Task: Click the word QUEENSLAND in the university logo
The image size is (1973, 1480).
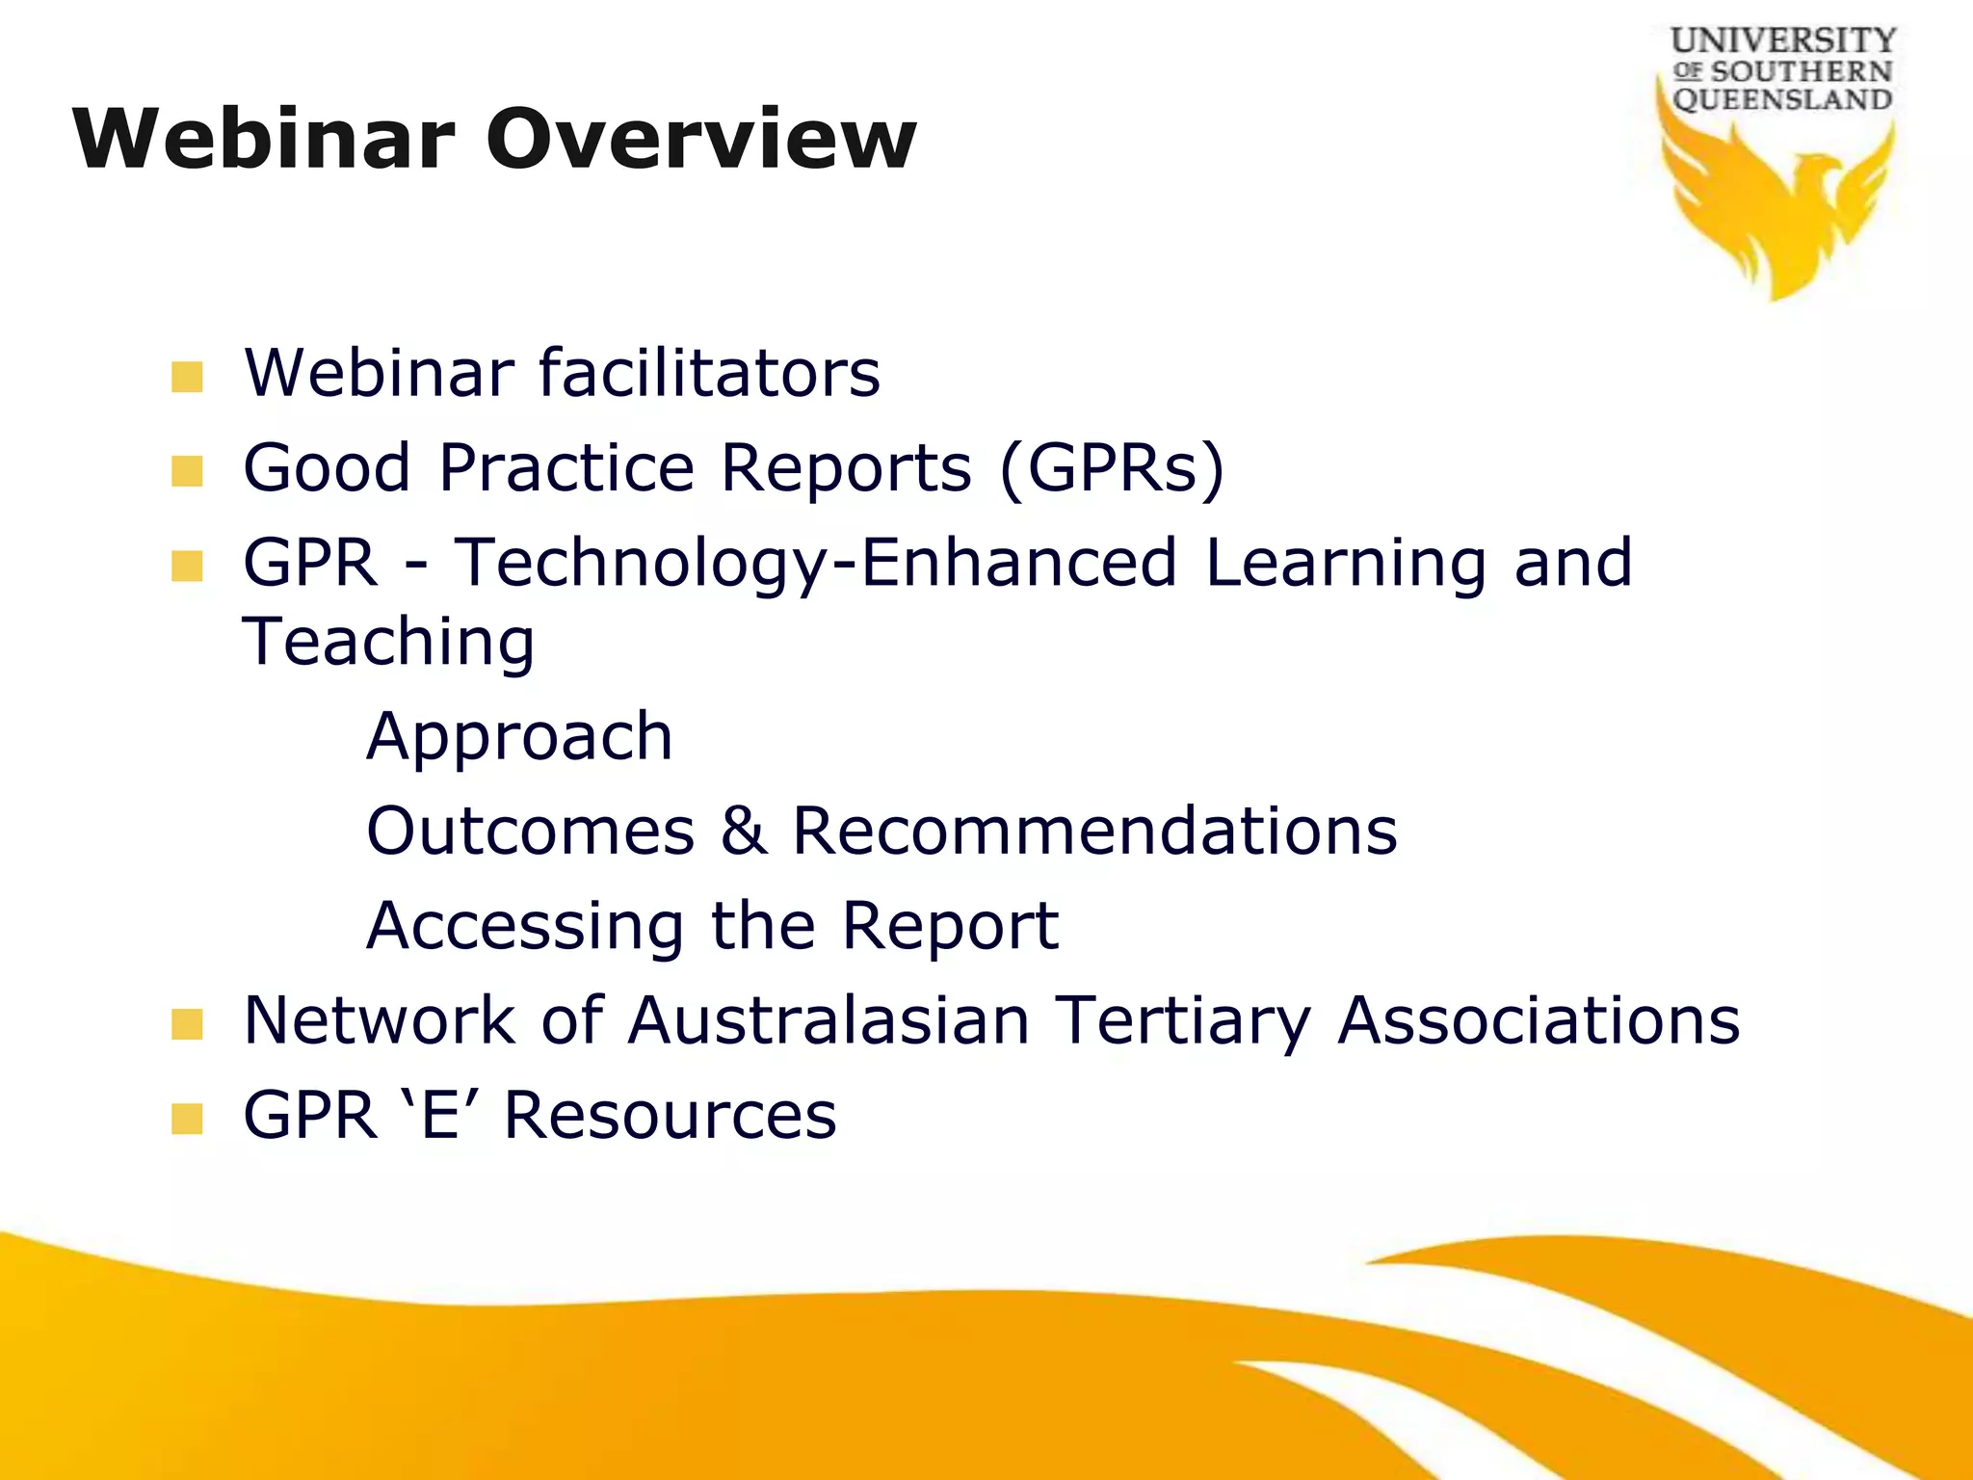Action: tap(1782, 100)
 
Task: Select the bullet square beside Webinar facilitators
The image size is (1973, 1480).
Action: tap(187, 377)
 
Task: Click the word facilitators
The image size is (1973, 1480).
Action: tap(709, 374)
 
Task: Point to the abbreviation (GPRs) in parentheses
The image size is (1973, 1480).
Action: tap(1112, 469)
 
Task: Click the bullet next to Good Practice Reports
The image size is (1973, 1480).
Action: tap(187, 471)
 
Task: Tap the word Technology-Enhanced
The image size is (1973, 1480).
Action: tap(815, 564)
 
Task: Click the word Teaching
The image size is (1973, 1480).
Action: tap(388, 643)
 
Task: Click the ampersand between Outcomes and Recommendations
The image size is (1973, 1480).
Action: tap(744, 831)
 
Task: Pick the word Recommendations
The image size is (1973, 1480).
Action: tap(1094, 831)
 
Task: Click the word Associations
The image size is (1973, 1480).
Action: tap(1539, 1020)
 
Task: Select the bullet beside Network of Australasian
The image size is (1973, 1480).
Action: tap(187, 1024)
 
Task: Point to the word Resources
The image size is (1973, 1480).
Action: tap(670, 1116)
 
